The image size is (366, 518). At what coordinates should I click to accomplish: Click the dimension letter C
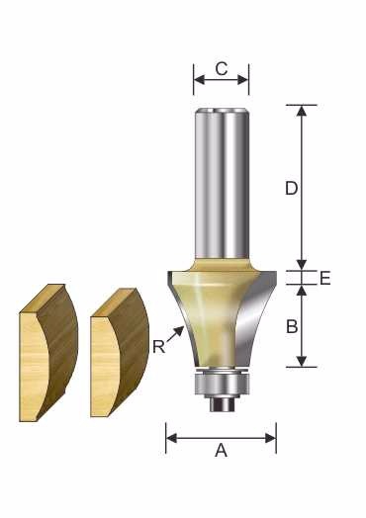[x=222, y=69]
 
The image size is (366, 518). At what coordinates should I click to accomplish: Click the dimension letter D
[x=292, y=189]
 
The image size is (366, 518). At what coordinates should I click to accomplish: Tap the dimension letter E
[x=325, y=278]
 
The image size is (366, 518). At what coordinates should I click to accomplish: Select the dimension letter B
[x=292, y=326]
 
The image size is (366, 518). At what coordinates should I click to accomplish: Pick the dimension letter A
[x=222, y=450]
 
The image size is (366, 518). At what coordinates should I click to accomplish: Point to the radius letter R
[x=159, y=347]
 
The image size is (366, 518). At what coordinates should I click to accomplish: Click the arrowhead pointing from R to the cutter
[x=179, y=331]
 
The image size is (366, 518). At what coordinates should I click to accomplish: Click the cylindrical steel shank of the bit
[x=222, y=184]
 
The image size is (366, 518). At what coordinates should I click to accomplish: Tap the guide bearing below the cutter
[x=222, y=384]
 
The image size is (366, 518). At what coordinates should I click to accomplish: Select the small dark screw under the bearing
[x=222, y=403]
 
